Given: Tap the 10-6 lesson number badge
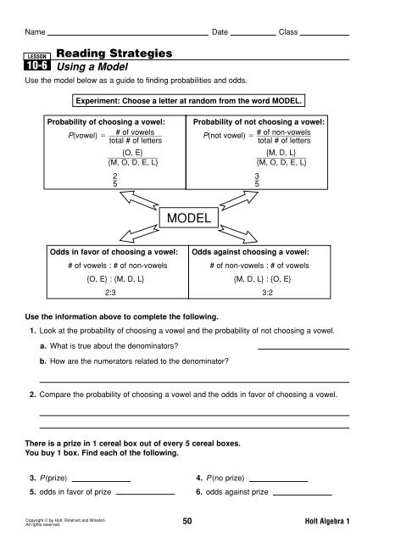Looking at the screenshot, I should point(38,63).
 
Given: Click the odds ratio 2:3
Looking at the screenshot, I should point(103,289).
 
